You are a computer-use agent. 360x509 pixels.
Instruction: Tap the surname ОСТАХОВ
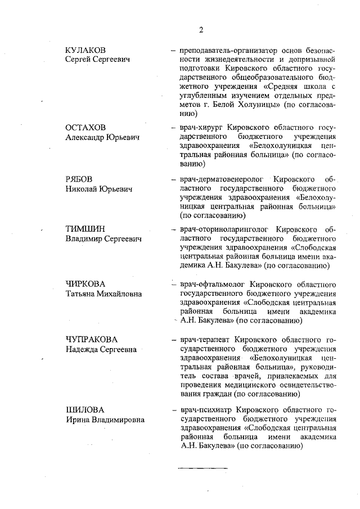tap(85, 128)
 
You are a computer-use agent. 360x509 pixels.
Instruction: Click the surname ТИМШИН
tap(83, 229)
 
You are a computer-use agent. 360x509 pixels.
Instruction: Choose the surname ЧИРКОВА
tap(86, 283)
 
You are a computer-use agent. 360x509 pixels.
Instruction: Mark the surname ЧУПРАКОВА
tap(91, 339)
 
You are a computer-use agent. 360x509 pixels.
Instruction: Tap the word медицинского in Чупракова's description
tap(251, 385)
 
